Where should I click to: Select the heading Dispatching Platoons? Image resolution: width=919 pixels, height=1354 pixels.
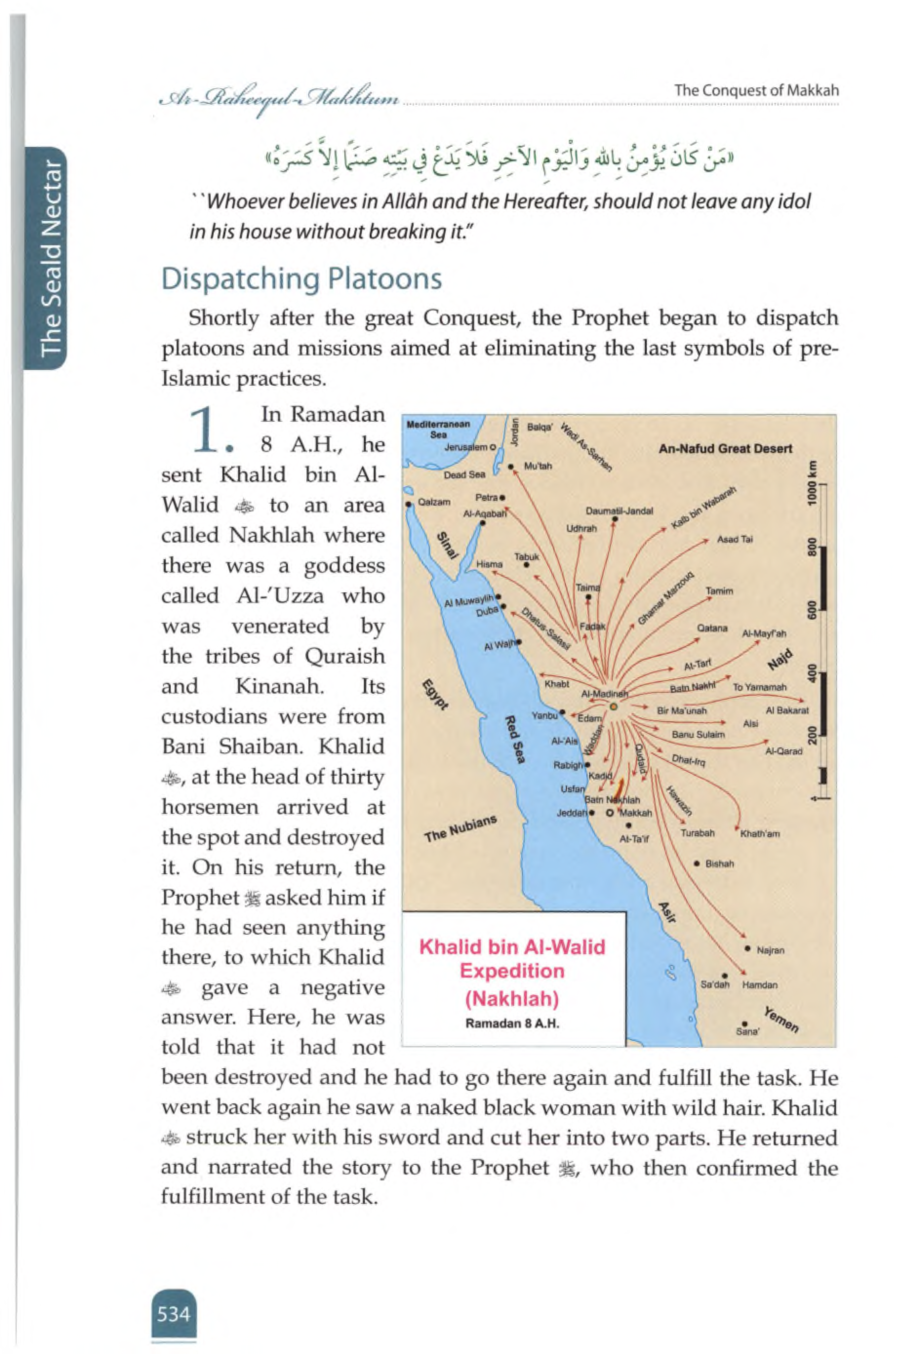(301, 278)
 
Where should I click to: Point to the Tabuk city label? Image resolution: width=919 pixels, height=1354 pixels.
(526, 556)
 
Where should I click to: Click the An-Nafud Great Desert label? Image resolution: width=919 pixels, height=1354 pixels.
(725, 449)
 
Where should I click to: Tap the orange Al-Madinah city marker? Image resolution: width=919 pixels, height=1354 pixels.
(613, 706)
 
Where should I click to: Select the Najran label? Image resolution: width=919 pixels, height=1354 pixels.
(770, 950)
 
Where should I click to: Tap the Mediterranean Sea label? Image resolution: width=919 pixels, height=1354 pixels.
(438, 429)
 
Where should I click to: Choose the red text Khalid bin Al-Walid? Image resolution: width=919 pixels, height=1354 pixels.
(512, 947)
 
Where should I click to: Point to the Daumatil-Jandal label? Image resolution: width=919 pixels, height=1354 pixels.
(619, 511)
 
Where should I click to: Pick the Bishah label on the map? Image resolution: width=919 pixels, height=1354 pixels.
(719, 863)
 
